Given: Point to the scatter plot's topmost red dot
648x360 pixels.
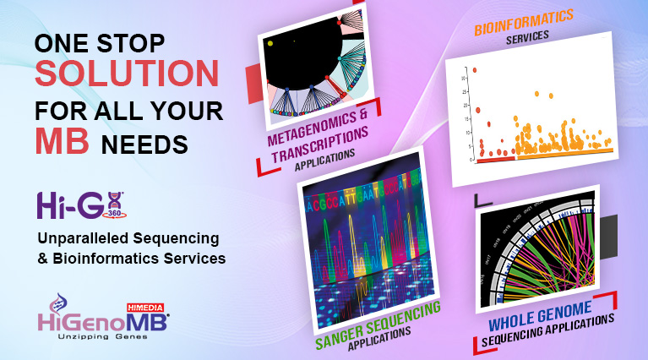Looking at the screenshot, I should point(475,70).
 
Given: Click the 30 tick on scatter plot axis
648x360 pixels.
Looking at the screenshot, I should point(464,79).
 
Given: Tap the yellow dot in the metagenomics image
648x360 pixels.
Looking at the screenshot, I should point(270,42).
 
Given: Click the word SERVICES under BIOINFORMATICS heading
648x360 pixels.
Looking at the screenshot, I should point(527,36).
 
